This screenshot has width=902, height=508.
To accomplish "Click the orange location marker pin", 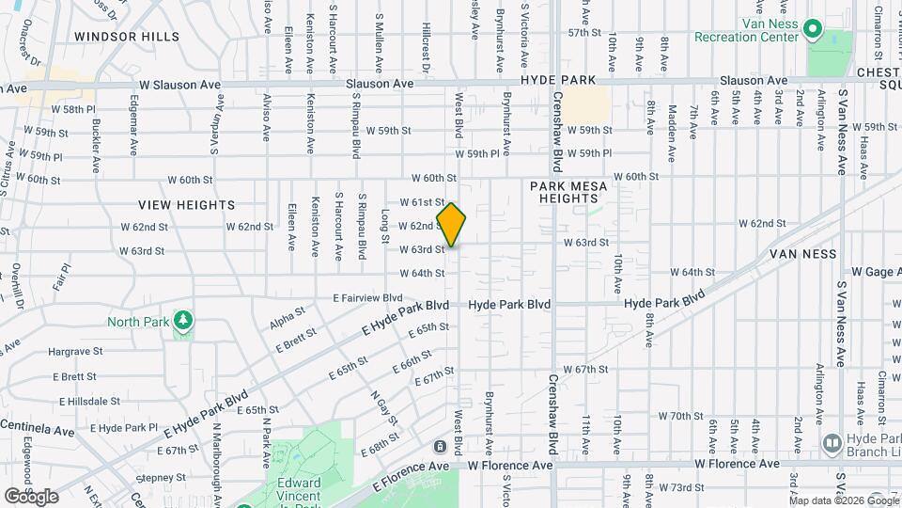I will (x=451, y=226).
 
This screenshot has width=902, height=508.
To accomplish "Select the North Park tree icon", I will (x=183, y=323).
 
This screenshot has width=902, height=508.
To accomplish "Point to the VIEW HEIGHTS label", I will (x=186, y=204).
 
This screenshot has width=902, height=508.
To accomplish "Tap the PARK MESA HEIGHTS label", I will (x=568, y=192).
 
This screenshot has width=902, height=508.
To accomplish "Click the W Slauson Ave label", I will (x=179, y=85).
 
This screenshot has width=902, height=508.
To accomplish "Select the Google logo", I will (x=31, y=496).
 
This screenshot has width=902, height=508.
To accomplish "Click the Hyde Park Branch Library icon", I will (x=831, y=442).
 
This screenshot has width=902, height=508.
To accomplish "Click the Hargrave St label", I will (x=73, y=351).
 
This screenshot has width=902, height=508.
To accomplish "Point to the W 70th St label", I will (x=681, y=416).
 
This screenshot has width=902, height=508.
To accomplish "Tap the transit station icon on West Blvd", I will (x=441, y=445).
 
